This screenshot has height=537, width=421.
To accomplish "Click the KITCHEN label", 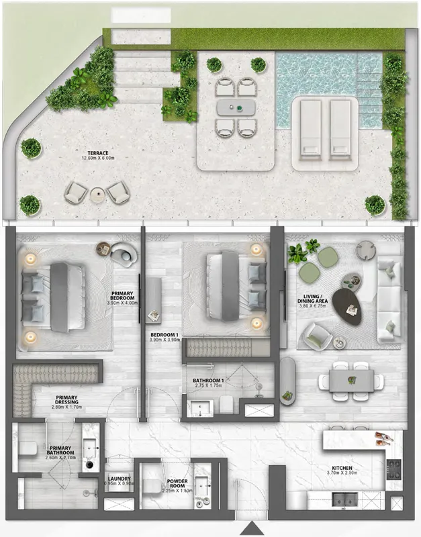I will (341, 468).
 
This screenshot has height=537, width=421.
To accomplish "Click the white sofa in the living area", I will (388, 295).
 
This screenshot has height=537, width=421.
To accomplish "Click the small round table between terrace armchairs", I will (98, 195).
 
